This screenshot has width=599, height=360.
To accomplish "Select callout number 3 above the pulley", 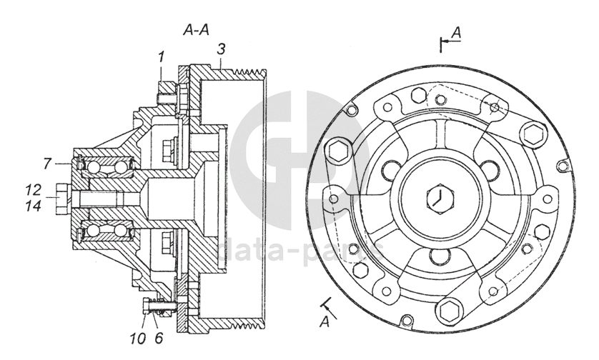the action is click(x=222, y=49).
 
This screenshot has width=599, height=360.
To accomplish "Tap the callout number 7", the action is click(x=46, y=164).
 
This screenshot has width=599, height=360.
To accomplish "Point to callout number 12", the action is click(x=31, y=191).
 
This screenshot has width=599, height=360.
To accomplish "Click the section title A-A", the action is click(x=196, y=30).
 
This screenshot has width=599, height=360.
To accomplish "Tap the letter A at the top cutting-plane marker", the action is click(x=458, y=32).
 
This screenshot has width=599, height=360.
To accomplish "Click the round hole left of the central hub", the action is click(x=390, y=170).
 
